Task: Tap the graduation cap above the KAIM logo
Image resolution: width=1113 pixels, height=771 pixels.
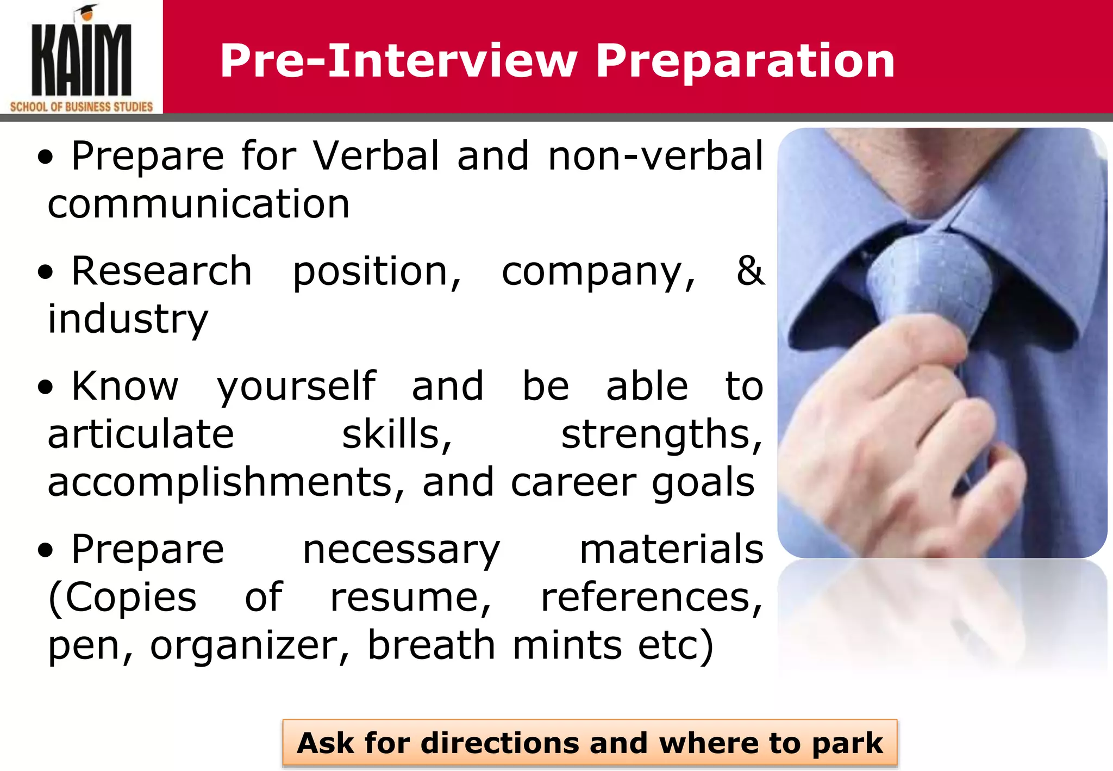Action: (87, 11)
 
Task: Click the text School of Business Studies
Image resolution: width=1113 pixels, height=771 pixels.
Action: (82, 107)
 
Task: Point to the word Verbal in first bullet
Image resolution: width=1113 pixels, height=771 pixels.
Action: (376, 156)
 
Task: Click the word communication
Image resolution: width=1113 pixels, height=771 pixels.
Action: (199, 204)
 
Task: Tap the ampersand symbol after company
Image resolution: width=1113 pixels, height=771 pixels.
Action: (750, 270)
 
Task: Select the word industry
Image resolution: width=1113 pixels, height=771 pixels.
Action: (128, 319)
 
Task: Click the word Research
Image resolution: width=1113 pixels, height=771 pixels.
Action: (161, 271)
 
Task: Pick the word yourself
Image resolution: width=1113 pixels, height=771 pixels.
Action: (296, 386)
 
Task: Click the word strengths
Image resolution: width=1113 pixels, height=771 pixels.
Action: (661, 434)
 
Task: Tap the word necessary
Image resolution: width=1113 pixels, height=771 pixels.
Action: (401, 550)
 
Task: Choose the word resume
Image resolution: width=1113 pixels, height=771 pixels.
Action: (410, 597)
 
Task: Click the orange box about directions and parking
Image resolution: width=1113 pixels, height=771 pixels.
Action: (590, 743)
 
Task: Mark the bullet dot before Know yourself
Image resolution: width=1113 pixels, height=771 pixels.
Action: (46, 387)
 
